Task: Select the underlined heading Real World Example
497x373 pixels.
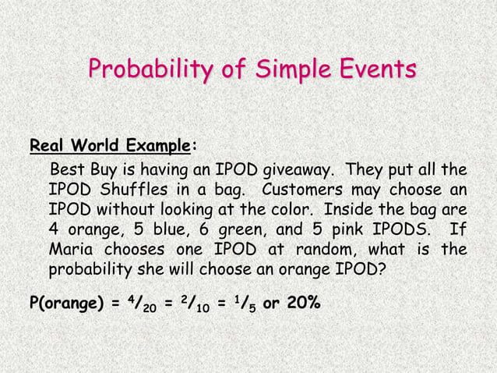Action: [x=109, y=146]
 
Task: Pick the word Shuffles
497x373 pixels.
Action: [x=133, y=190]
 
